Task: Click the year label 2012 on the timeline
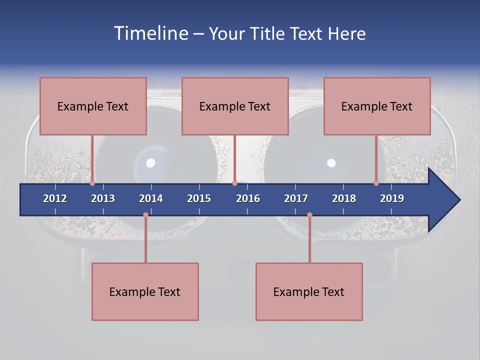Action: click(55, 198)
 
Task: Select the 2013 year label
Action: click(103, 198)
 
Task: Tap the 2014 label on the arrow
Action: click(151, 198)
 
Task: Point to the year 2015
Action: click(199, 198)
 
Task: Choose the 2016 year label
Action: click(248, 198)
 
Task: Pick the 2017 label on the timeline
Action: click(296, 198)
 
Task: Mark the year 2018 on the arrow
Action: click(344, 198)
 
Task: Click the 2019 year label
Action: click(392, 198)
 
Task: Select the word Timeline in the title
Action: click(150, 33)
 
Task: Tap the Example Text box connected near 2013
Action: click(93, 106)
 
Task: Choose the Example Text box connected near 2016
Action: click(235, 106)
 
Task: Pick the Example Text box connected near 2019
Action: click(377, 106)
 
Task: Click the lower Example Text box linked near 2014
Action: click(145, 291)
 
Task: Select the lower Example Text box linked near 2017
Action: click(309, 291)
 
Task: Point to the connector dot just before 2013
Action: click(92, 183)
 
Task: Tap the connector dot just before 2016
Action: click(234, 183)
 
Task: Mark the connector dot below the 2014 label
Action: click(145, 215)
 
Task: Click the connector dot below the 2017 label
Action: click(309, 215)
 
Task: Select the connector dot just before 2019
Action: click(376, 183)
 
